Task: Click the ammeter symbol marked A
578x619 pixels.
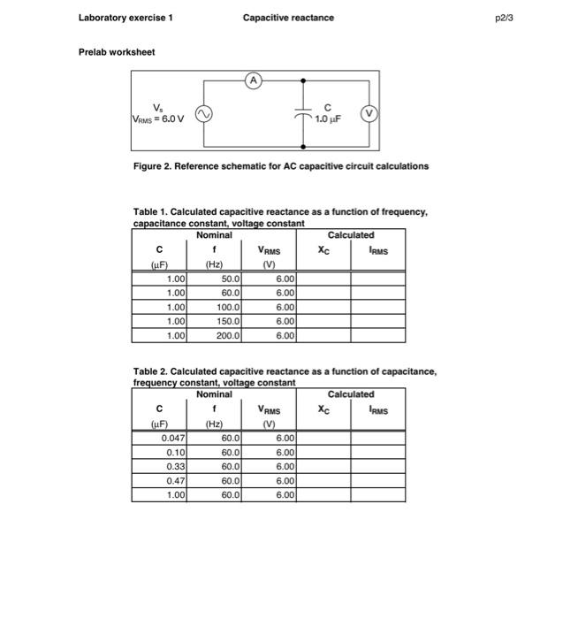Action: click(x=255, y=80)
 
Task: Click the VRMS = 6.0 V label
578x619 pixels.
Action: click(x=158, y=119)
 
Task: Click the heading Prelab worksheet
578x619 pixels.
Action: click(x=116, y=52)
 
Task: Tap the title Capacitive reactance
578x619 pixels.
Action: click(x=288, y=18)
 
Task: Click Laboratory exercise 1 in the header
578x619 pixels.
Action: click(x=125, y=18)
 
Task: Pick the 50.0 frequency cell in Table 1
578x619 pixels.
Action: click(x=219, y=279)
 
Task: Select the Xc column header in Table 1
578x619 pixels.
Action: click(x=324, y=250)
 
